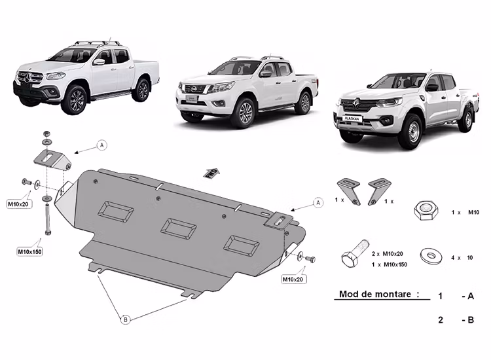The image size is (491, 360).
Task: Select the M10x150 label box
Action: click(29, 251)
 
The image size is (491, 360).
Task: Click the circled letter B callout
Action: click(124, 319)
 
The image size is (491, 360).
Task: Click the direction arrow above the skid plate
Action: click(211, 172)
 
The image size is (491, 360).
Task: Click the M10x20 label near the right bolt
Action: click(294, 279)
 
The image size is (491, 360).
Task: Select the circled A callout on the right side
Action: click(318, 203)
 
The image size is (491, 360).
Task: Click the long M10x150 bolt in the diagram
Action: click(47, 215)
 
